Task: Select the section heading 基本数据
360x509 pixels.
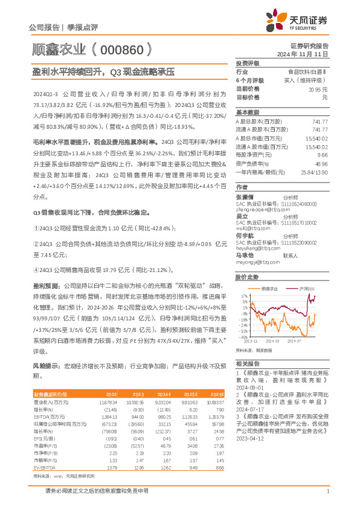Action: [247, 112]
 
